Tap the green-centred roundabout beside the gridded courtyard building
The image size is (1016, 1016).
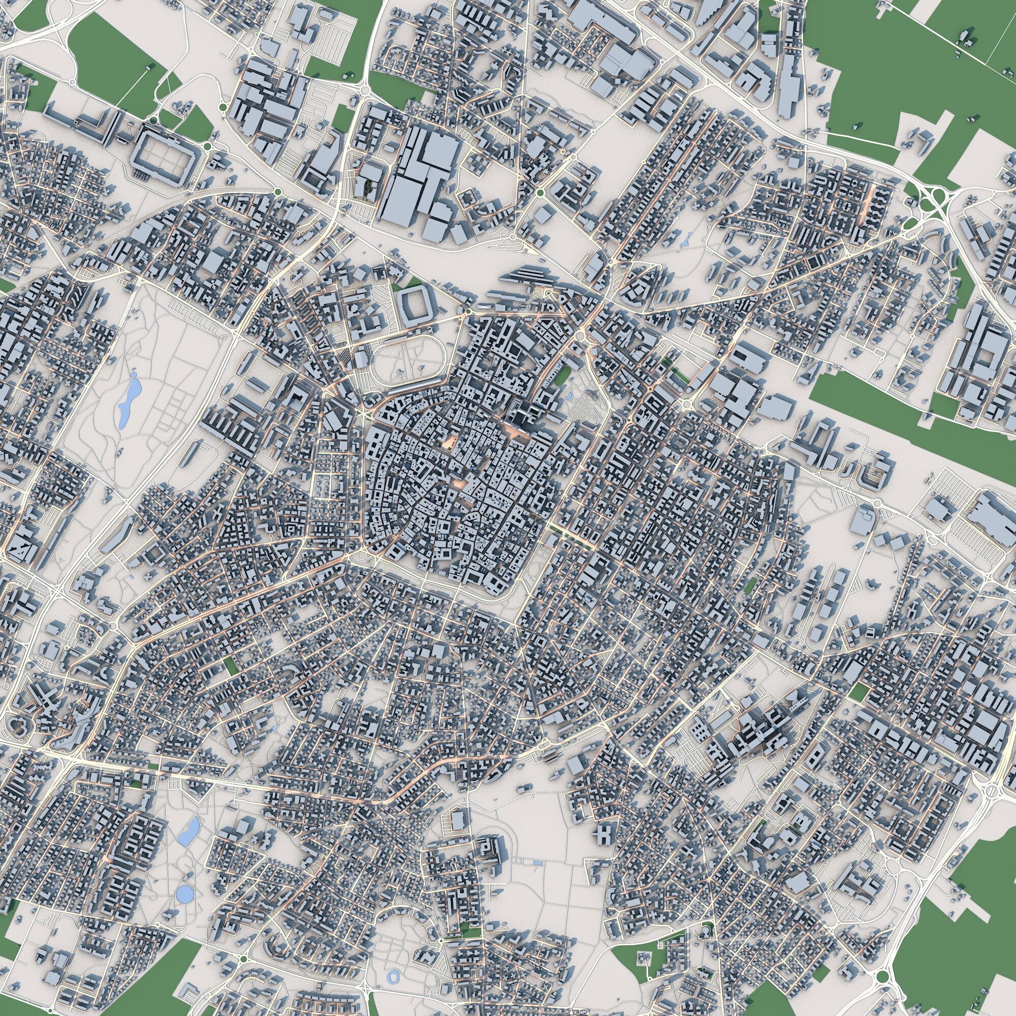pyautogui.click(x=208, y=146)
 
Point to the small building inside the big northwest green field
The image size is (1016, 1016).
pyautogui.click(x=149, y=68)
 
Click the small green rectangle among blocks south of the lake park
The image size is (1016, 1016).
pyautogui.click(x=230, y=668)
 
